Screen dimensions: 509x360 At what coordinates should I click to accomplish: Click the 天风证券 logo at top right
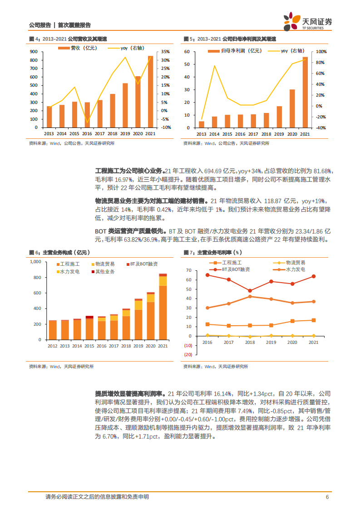pyautogui.click(x=307, y=21)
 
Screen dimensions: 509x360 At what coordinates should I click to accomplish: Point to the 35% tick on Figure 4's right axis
pyautogui.click(x=165, y=52)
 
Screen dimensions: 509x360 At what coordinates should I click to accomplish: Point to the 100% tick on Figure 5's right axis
pyautogui.click(x=321, y=52)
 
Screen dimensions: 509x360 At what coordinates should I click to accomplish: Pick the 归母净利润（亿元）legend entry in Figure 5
pyautogui.click(x=236, y=51)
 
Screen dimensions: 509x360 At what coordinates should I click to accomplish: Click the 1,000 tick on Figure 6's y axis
pyautogui.click(x=35, y=262)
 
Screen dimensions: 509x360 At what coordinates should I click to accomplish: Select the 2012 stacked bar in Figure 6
pyautogui.click(x=53, y=330)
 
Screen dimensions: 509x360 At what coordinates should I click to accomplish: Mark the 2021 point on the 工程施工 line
pyautogui.click(x=313, y=320)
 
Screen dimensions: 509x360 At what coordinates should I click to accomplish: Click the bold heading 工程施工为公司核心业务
pyautogui.click(x=128, y=171)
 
